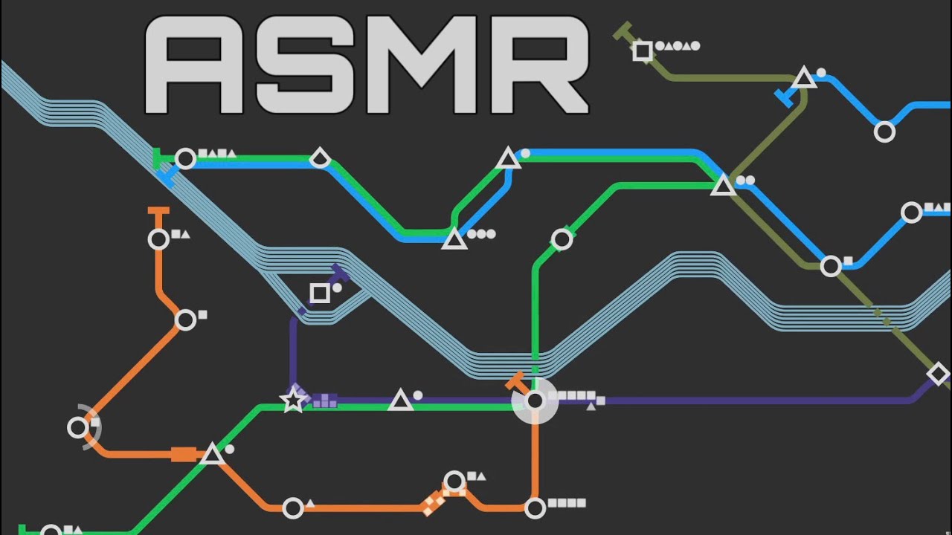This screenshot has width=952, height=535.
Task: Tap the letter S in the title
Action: coord(304,65)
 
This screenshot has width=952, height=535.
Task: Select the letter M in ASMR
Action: coord(422,65)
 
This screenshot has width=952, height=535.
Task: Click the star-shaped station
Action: coord(293,400)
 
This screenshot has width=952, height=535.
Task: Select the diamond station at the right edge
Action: coord(938,374)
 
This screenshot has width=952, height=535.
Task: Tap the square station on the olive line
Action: coord(642,51)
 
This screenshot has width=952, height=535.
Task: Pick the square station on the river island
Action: coord(320,293)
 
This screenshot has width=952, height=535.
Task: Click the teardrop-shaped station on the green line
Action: coord(320,158)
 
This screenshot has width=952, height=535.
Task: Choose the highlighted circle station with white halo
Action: coord(535,401)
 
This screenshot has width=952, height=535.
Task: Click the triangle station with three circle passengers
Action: coord(454,239)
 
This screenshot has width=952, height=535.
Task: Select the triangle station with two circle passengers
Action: coord(723,186)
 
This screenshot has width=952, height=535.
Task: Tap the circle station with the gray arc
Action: coord(78,427)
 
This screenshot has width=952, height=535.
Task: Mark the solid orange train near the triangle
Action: coord(184,454)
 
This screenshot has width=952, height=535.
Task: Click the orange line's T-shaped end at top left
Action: coord(158,210)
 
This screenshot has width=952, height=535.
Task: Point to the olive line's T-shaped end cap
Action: coord(623,31)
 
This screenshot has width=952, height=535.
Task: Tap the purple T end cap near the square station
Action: coord(341,274)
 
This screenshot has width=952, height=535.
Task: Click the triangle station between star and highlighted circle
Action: coord(400,401)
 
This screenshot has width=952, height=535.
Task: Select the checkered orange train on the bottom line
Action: coord(434,503)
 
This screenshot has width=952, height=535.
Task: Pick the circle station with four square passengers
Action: coord(535,508)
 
